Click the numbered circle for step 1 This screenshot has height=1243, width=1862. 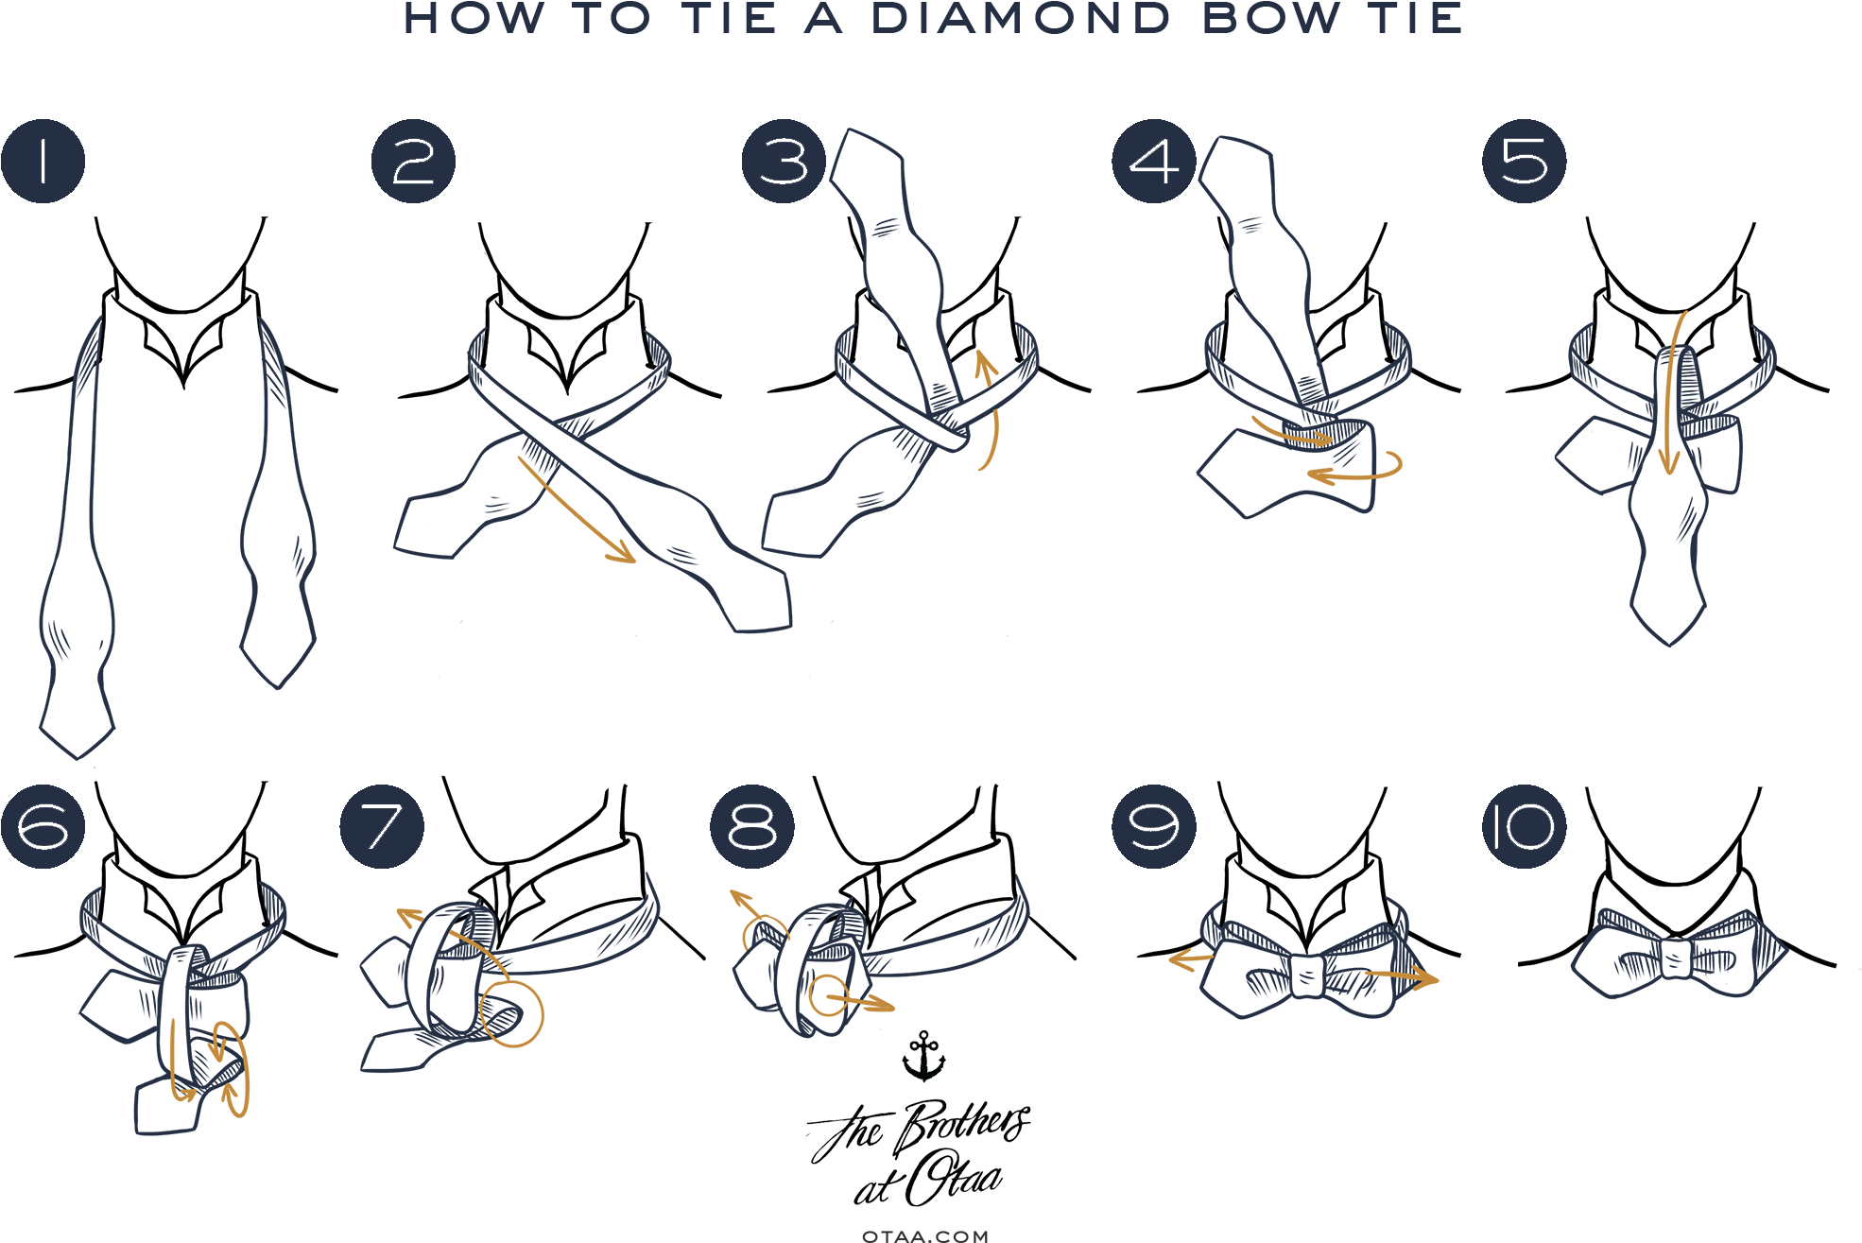tap(43, 162)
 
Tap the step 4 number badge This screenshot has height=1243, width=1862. tap(1154, 162)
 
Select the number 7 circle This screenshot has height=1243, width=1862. tap(382, 826)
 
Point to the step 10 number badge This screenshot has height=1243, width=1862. tap(1524, 826)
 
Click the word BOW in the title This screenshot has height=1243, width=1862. tap(1269, 19)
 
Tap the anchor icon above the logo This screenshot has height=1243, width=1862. tap(923, 1056)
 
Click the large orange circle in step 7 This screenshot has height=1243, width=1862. tap(512, 1013)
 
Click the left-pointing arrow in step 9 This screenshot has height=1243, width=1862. tap(1190, 960)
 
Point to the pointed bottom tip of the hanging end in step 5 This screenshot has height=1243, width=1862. tap(1669, 643)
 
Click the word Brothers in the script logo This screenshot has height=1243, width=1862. tap(961, 1125)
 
